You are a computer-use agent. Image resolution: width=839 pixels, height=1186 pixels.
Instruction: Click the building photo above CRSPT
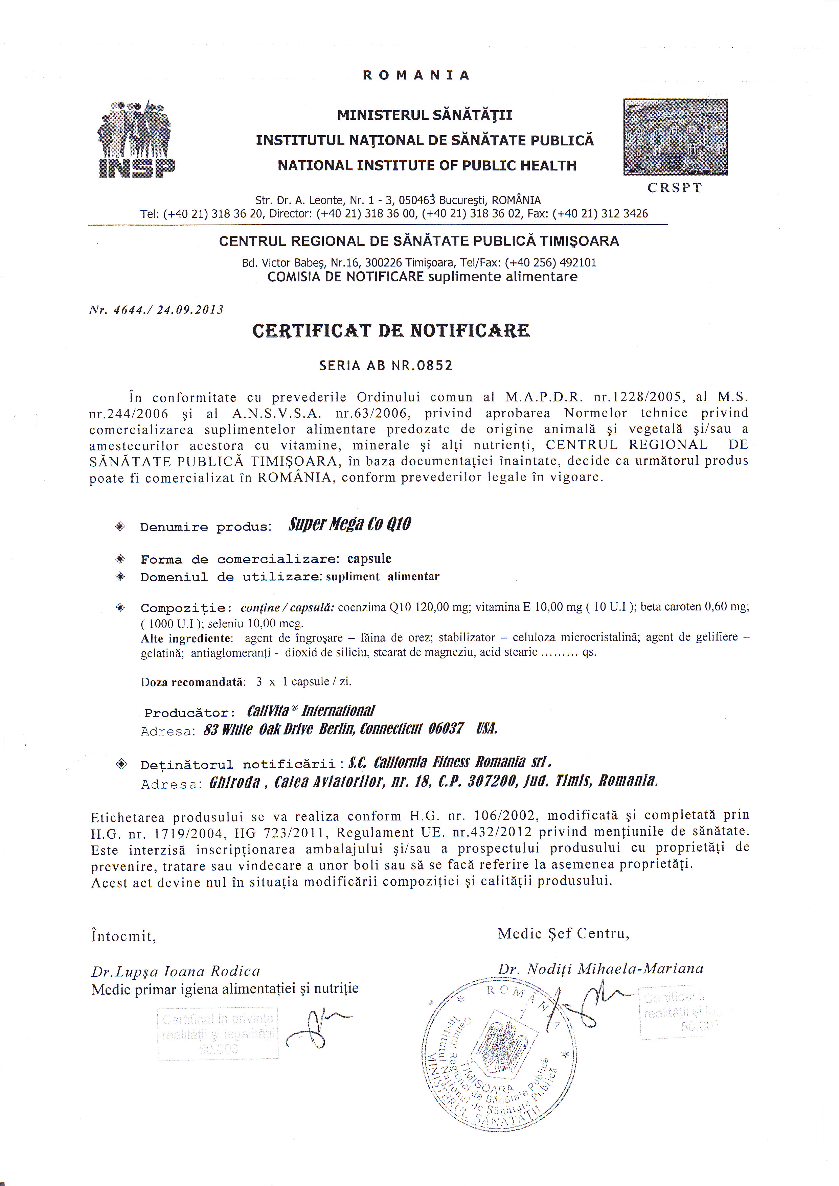675,137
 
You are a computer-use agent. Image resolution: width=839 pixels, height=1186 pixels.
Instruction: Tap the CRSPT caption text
674,188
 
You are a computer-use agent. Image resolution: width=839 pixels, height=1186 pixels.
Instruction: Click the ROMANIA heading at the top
416,75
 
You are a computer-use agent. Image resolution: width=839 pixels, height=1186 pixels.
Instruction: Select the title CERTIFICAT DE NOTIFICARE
391,331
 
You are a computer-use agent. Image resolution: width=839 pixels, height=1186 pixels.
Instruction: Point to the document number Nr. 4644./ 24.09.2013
156,310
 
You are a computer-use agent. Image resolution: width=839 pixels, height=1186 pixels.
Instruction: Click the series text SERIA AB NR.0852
386,366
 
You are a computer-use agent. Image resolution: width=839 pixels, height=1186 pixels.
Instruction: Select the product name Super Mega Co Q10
350,524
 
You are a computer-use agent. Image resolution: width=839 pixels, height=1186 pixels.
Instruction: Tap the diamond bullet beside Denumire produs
120,526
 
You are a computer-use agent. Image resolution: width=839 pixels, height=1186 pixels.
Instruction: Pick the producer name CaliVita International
311,711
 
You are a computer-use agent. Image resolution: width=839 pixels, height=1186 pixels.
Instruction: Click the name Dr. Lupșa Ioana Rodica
176,971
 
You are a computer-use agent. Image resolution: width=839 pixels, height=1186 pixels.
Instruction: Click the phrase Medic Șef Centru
563,933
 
